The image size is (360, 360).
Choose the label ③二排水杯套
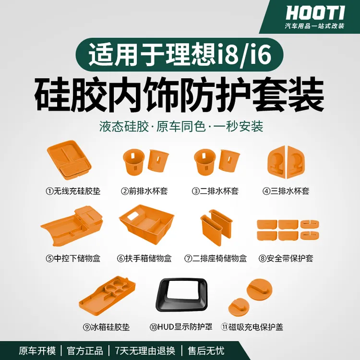(216, 191)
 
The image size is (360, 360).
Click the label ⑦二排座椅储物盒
(216, 258)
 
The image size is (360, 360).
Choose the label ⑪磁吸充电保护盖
(252, 327)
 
